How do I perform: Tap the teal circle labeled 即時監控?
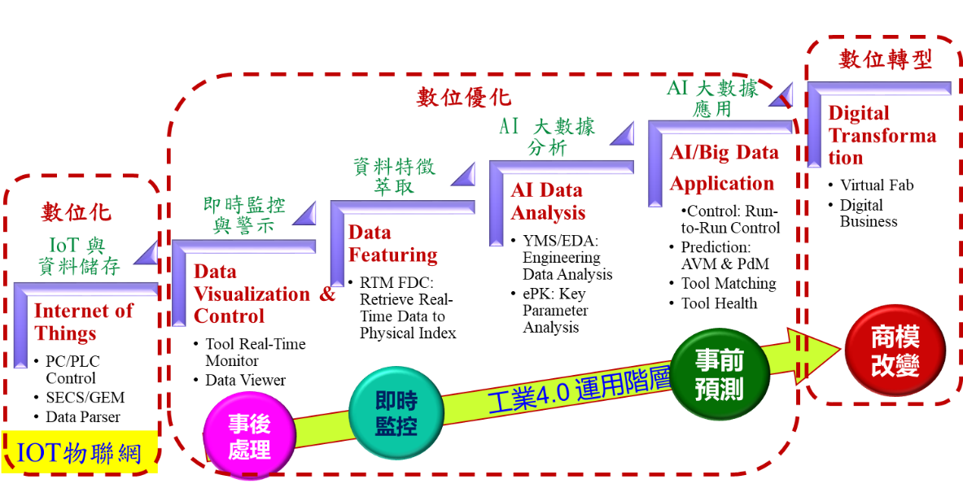396,413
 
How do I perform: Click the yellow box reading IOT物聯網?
79,452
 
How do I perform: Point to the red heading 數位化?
77,213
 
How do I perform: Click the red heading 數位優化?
464,98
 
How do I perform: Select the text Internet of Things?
83,322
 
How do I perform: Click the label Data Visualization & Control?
264,294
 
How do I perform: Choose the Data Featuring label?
392,244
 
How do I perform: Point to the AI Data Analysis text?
547,201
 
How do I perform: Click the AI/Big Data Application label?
723,168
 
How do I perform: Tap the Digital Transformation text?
882,135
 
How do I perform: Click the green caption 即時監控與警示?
244,215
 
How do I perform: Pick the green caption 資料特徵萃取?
394,176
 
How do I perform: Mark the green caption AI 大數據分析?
547,137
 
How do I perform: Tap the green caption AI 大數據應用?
713,98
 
